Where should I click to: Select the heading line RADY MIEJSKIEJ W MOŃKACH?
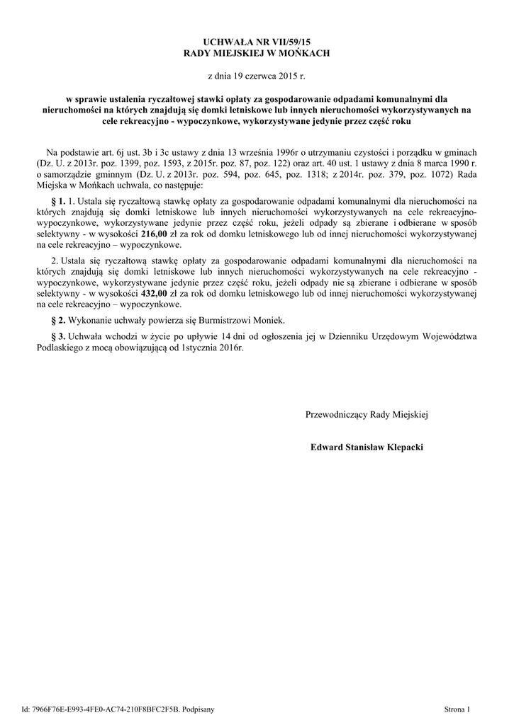point(257,54)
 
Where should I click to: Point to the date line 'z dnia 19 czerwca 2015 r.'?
point(257,75)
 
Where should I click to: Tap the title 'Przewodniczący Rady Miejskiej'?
point(367,414)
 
